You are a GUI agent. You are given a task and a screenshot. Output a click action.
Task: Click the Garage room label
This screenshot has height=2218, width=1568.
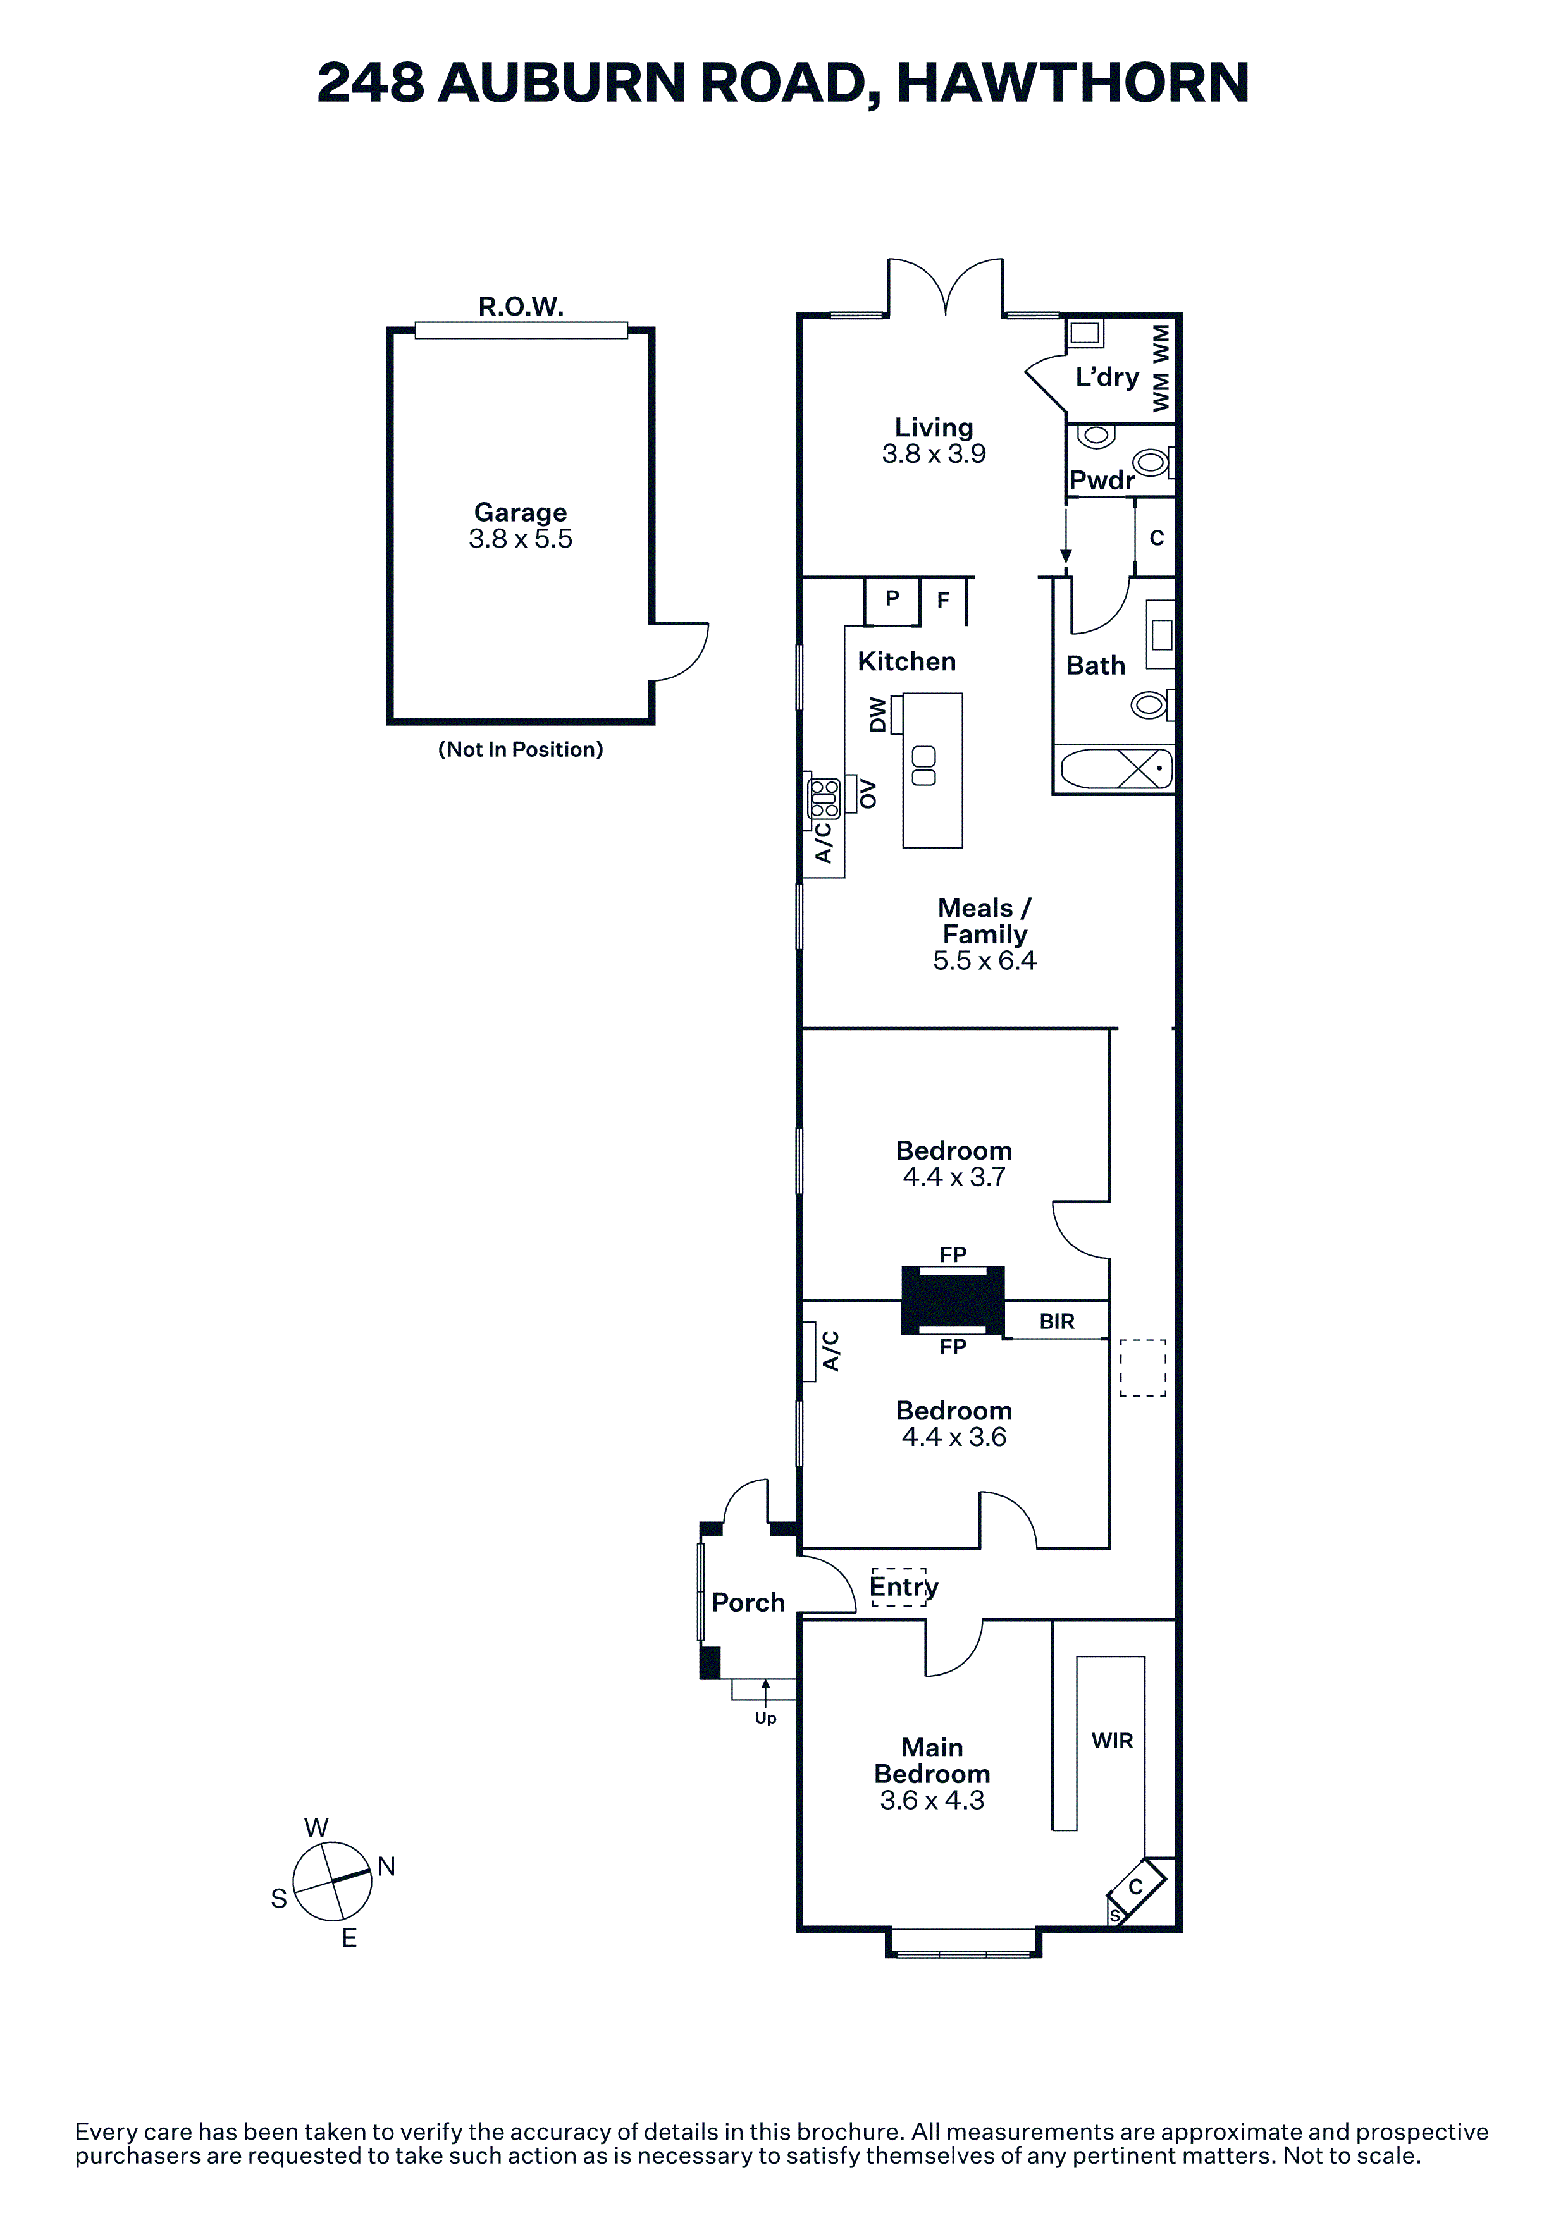coord(520,512)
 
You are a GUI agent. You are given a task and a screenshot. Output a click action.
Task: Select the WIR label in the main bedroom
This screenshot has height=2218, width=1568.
coord(1112,1740)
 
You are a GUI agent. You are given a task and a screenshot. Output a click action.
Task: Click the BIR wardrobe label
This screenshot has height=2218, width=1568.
coord(1057,1321)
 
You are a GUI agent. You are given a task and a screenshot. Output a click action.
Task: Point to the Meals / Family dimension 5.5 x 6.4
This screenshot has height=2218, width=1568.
coord(984,960)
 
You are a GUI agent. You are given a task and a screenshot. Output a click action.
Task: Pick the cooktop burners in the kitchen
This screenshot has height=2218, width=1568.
coord(824,799)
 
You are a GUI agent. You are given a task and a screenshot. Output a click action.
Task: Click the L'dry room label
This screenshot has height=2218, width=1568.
coord(1107,377)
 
